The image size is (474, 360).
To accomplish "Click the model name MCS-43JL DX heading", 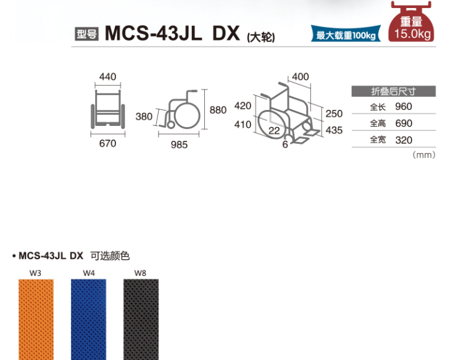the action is click(172, 33).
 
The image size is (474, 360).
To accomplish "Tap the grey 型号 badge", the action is click(87, 34).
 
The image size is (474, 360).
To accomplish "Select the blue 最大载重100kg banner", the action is click(346, 34).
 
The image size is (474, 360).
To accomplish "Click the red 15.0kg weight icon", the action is click(411, 22).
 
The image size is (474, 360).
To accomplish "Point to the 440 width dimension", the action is click(107, 77).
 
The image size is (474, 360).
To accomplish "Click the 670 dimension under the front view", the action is click(107, 143).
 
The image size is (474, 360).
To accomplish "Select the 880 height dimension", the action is click(218, 110).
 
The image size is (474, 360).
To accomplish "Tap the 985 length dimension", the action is click(179, 144).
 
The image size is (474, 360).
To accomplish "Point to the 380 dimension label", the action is click(144, 117).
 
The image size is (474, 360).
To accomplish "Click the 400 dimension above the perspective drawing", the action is click(301, 77).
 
